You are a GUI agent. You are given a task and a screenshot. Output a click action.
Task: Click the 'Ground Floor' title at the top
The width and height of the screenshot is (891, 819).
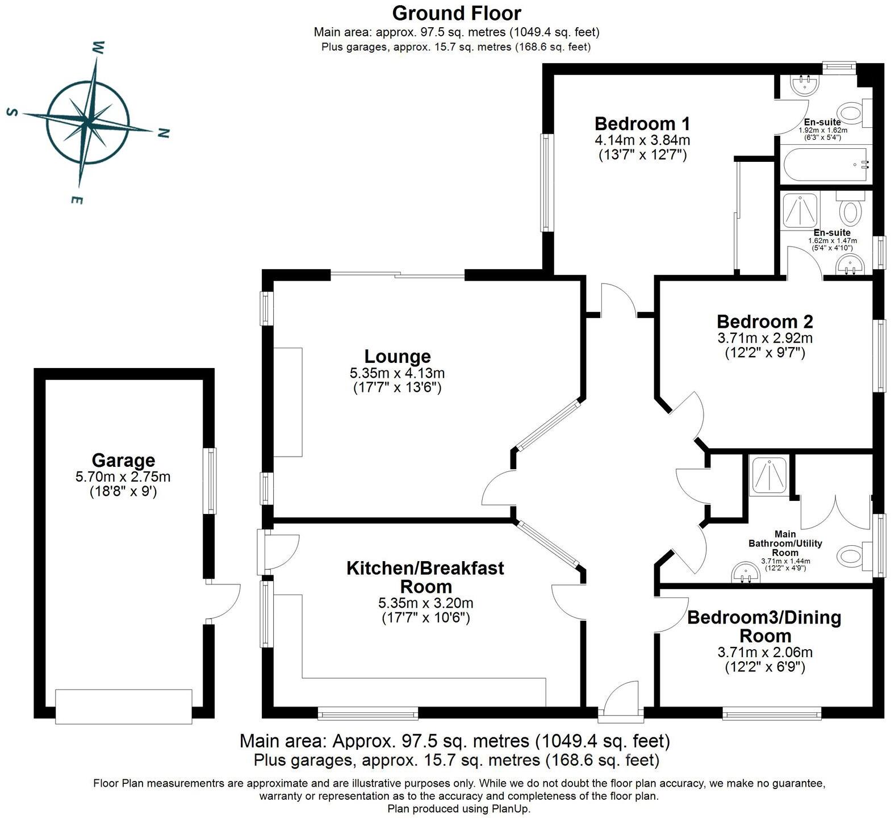456,13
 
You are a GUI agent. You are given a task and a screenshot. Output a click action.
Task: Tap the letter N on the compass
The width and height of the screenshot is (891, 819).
163,133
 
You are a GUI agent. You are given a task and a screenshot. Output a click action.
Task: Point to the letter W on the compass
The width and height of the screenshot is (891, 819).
98,47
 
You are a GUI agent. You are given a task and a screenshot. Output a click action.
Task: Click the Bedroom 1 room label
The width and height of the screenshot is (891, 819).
642,123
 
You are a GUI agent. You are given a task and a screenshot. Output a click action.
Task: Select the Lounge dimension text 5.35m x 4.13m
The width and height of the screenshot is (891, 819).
397,373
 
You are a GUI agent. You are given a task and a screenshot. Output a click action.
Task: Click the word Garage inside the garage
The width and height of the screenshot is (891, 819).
123,460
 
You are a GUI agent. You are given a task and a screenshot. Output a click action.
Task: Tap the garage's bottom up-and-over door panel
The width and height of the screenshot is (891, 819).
124,706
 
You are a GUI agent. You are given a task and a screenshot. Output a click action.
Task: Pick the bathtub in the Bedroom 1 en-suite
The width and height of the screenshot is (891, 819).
826,165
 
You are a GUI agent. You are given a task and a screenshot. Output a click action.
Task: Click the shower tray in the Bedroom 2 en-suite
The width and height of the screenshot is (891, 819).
801,210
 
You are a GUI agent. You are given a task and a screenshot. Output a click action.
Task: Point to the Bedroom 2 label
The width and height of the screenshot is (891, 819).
764,321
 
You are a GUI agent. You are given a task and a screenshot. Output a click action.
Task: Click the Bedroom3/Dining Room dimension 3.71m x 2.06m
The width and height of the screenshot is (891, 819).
764,653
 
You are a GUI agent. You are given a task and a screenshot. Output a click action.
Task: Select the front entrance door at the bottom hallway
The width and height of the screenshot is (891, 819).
620,703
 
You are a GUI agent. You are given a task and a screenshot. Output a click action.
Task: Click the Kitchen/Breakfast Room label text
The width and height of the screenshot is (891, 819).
425,577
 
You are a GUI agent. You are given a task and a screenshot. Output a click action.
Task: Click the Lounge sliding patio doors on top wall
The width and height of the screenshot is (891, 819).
398,275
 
